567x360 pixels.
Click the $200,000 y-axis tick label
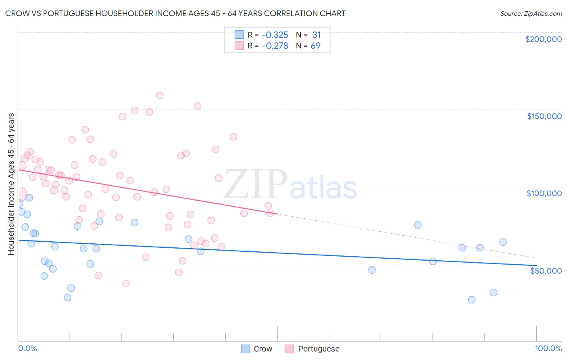543,39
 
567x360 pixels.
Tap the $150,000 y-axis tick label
544,116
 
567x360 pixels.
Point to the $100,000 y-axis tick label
544,193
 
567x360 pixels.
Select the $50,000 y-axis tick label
546,270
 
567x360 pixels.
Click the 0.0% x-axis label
27,348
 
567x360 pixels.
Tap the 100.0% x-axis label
548,348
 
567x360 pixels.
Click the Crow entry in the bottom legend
263,349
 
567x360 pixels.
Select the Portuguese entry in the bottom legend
318,349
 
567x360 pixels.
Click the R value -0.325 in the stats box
275,35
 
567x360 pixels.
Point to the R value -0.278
275,46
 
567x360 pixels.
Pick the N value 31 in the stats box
317,35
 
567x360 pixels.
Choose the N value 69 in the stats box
315,46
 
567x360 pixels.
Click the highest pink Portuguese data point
160,96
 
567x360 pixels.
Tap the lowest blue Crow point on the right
472,299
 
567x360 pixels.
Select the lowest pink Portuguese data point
126,283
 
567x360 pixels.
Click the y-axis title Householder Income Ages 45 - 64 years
11,184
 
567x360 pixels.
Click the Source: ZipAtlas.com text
531,14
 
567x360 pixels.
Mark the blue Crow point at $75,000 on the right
418,225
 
